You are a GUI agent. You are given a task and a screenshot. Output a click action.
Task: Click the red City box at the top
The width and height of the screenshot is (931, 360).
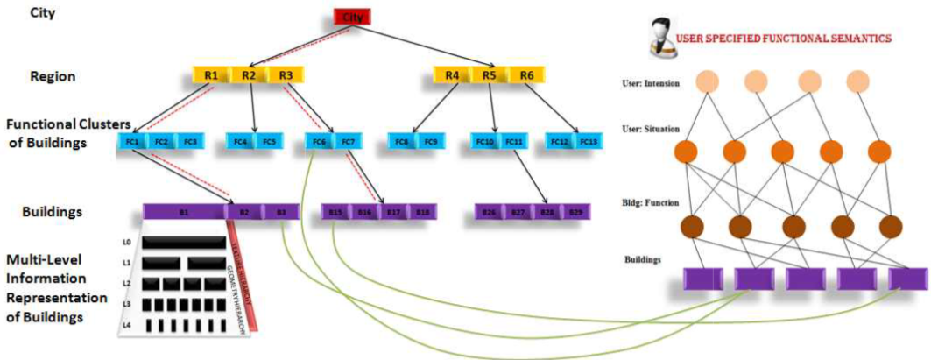click(x=353, y=17)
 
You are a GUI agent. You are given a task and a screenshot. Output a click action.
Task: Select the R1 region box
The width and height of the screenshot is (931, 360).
click(x=211, y=75)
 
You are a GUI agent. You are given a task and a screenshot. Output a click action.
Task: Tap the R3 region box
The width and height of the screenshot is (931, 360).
click(x=286, y=75)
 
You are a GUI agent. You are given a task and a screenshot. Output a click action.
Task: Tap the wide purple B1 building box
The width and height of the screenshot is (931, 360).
click(x=184, y=212)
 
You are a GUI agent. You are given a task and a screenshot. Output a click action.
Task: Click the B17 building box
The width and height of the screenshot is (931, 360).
click(x=393, y=212)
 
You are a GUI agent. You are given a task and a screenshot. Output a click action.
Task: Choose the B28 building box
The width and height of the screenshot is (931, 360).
click(x=547, y=212)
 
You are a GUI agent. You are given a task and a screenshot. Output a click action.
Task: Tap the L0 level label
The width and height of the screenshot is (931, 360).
click(x=128, y=241)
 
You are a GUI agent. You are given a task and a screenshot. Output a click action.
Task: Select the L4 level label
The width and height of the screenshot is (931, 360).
click(x=128, y=325)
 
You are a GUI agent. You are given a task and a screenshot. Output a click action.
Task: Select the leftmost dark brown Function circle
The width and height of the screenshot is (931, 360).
click(x=693, y=226)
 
